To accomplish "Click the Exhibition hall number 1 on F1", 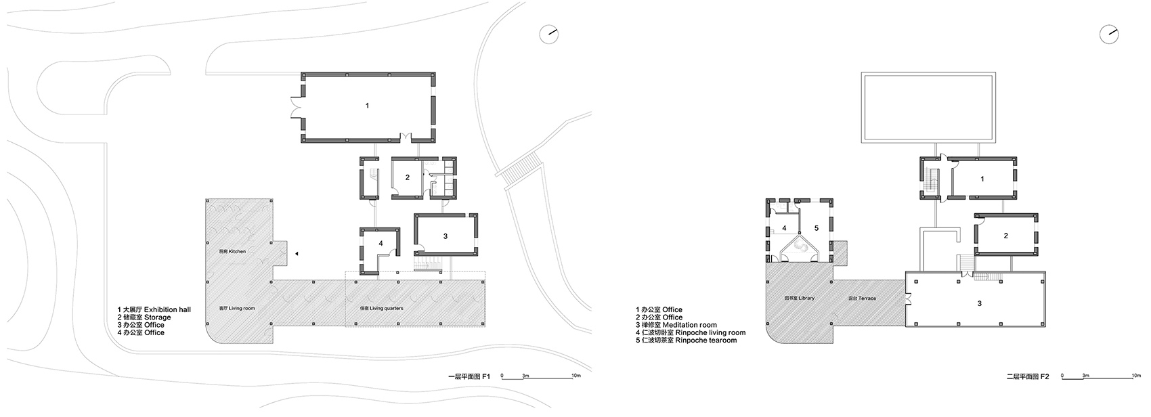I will (x=367, y=106).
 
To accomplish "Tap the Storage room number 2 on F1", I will (x=407, y=178).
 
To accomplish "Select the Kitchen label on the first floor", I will (x=232, y=252).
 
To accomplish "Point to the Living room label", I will (x=232, y=308).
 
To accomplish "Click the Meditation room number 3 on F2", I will (x=979, y=304).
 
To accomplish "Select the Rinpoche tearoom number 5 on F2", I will (x=816, y=228).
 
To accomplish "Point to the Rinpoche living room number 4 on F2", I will (x=784, y=228).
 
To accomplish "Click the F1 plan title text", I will (x=469, y=376).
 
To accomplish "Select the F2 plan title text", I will (x=1027, y=376).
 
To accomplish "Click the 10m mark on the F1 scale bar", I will (x=575, y=374).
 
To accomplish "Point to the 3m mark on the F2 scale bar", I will (x=1085, y=374).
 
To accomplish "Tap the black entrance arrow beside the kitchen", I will (x=297, y=253).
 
